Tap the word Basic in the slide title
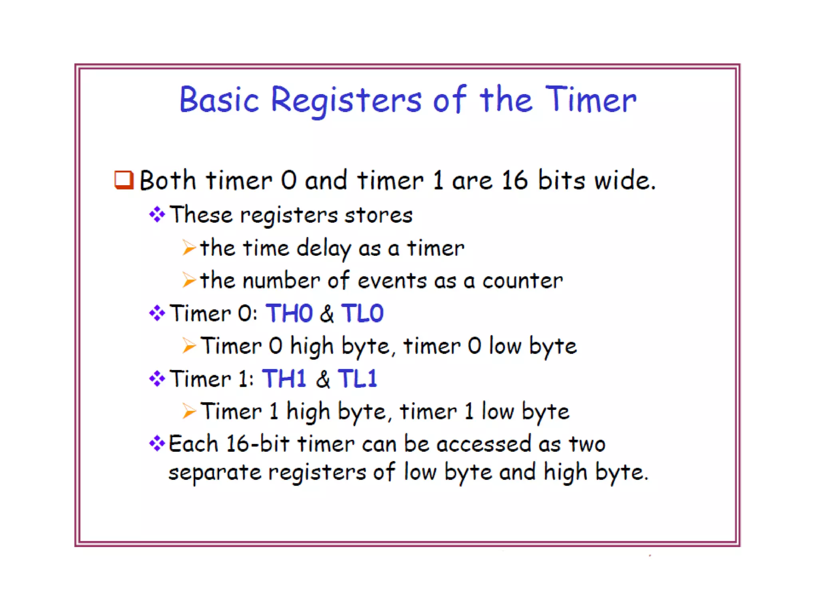pos(219,100)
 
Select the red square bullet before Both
pos(124,180)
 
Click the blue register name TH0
pos(289,313)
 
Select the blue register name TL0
pos(362,313)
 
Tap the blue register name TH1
pos(284,378)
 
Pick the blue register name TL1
pos(357,378)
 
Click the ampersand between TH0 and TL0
pos(327,314)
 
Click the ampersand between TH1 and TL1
pos(323,379)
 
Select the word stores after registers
pos(378,215)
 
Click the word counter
pos(522,281)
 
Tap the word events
pos(392,281)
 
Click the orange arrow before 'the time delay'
pos(189,248)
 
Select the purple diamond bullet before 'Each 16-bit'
pos(157,443)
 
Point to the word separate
pos(214,473)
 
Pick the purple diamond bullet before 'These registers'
pos(157,215)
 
